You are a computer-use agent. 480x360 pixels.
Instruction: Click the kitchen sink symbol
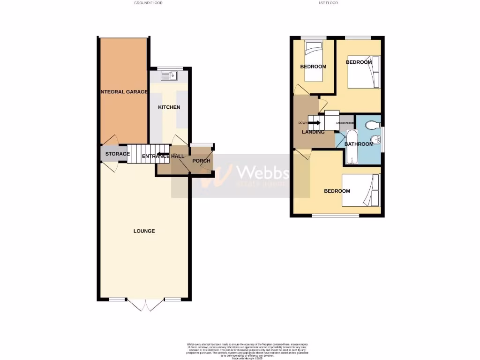(169, 74)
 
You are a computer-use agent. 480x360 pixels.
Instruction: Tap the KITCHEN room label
(169, 107)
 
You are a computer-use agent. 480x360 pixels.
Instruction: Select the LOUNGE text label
(144, 231)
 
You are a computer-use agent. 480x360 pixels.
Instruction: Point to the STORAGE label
(117, 154)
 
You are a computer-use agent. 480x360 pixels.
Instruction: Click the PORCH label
(202, 161)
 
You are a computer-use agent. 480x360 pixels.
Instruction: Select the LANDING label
(313, 132)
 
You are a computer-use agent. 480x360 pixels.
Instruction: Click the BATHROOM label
(359, 144)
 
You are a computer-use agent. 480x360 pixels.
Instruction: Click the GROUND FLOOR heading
(148, 3)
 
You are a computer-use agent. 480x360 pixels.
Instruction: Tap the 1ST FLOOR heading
(328, 3)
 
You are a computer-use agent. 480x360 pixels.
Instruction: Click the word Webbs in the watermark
(262, 172)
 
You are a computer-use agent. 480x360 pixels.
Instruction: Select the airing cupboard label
(347, 123)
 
